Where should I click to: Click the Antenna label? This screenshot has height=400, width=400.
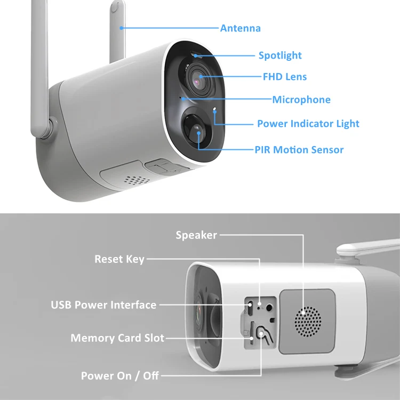pos(240,28)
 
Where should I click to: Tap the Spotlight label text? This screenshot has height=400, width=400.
pos(280,55)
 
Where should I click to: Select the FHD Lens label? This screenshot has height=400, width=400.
pos(285,77)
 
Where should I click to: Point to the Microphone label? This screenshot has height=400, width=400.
pos(301,100)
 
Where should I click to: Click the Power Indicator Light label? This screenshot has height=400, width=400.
pos(308,124)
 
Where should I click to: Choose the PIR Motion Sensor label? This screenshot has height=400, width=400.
pos(299,150)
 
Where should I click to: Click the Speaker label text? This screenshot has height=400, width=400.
pos(196,235)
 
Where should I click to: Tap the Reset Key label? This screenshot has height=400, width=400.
pos(119,259)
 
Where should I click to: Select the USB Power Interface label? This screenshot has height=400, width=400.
pos(103,305)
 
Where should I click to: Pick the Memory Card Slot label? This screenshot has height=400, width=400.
pos(117,338)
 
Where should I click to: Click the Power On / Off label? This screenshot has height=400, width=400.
pos(119,375)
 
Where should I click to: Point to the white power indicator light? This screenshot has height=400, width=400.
pos(214,111)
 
